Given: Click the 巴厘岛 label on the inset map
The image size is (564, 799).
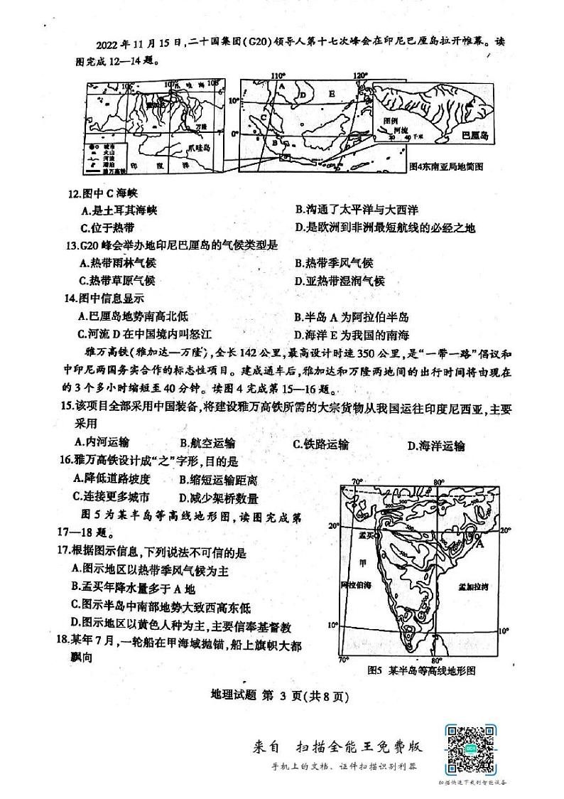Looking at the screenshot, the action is [475, 134].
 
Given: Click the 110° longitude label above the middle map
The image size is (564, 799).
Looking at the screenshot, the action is [278, 75].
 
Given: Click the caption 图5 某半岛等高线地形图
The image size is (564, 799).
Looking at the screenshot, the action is [421, 670].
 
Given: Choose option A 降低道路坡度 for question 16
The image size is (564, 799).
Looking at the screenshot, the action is [108, 479].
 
